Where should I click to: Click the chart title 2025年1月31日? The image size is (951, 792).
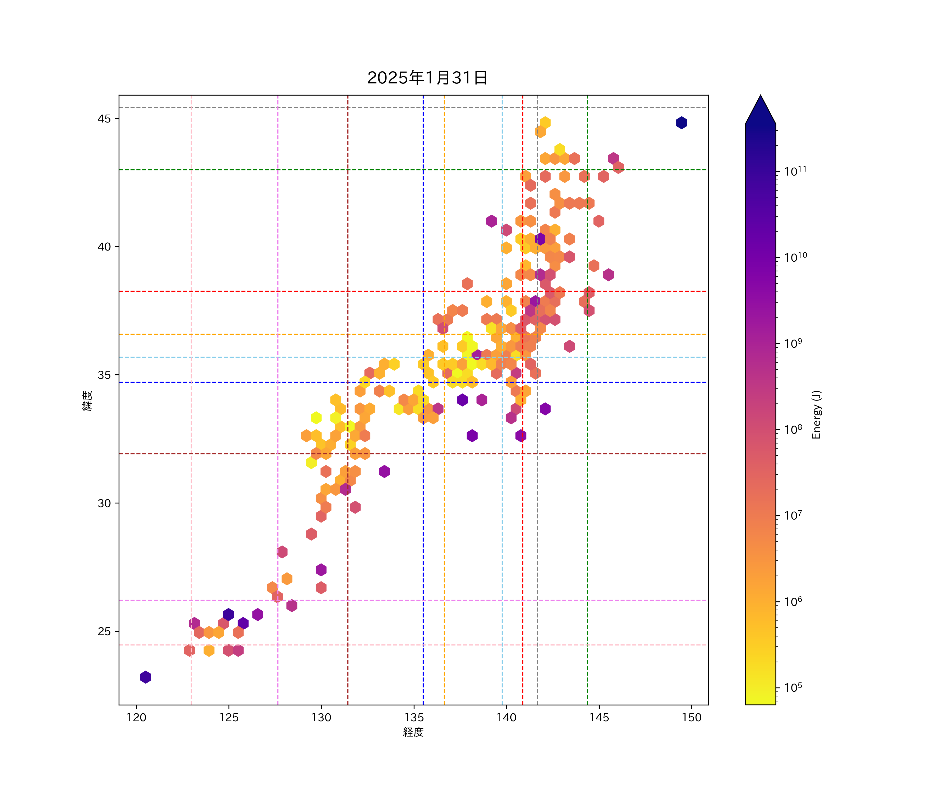coord(427,78)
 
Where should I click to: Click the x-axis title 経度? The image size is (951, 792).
coord(413,732)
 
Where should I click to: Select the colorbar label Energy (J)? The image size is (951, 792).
coord(816,414)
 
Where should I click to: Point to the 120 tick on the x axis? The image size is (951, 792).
coord(136,717)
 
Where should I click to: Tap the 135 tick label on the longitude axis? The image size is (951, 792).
coord(414,717)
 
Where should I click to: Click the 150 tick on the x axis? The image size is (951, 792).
coord(692,717)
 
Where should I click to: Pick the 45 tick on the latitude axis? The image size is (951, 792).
coord(104,119)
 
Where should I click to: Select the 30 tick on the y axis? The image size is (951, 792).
coord(104,503)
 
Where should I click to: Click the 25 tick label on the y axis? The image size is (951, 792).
coord(104,631)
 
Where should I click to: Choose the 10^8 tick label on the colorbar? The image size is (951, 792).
coord(793,429)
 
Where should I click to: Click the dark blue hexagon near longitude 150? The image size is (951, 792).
coord(682,123)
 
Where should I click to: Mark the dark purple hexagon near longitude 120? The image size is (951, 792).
coord(145,677)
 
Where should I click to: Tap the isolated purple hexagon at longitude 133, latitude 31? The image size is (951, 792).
coord(384,471)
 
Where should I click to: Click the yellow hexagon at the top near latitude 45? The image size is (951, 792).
coord(545,123)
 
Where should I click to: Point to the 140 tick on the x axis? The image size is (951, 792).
coord(506,717)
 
